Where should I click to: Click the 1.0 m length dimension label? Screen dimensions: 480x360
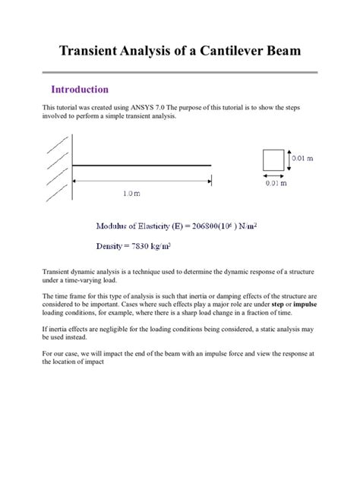point(131,193)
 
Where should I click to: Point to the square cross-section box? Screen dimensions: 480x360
point(273,160)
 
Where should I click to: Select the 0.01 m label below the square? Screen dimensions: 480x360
point(276,182)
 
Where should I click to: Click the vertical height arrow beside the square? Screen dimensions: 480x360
point(289,159)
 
